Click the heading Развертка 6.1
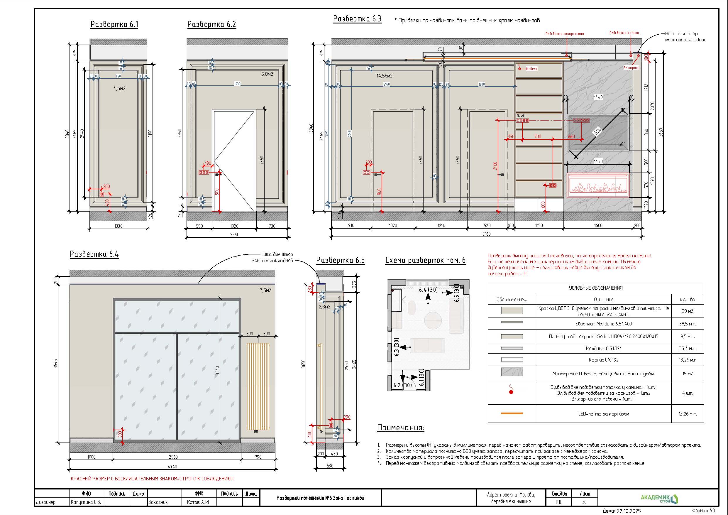click(114, 24)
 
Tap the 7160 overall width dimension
click(486, 234)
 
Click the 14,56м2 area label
click(384, 76)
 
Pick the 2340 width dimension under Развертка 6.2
click(235, 234)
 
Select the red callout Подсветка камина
click(624, 33)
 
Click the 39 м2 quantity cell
click(688, 311)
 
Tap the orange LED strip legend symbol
click(512, 413)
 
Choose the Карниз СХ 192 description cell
click(603, 360)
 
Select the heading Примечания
click(400, 428)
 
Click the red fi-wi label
click(520, 116)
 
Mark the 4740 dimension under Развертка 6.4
click(172, 467)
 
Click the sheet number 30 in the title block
click(584, 502)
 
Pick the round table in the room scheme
click(433, 320)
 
